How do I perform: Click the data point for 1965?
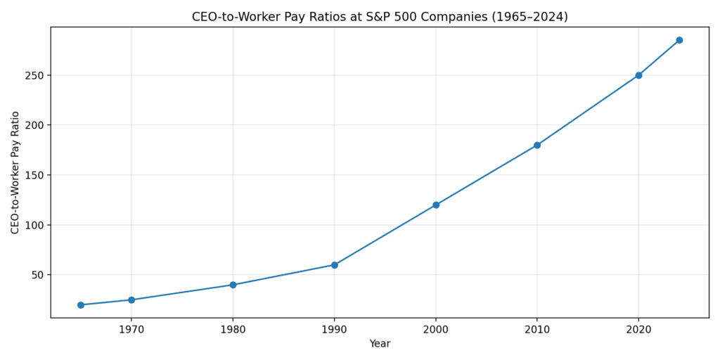coord(81,305)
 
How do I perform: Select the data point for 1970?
coord(131,300)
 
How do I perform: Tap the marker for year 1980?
coord(233,285)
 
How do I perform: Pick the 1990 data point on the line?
coord(335,265)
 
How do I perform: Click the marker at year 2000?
coord(436,205)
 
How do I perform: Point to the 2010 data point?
coord(537,146)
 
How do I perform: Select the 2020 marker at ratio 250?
coord(638,75)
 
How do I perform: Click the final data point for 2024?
coord(679,40)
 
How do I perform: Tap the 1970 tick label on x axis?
coord(131,328)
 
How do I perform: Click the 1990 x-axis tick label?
coord(335,328)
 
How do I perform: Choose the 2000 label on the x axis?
coord(436,328)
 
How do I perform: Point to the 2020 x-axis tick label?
coord(638,328)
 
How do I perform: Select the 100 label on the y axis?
coord(33,225)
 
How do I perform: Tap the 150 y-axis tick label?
coord(33,175)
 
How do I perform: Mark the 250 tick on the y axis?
coord(33,75)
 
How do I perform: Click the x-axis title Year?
coord(380,344)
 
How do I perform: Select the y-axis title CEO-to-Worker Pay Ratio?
coord(15,172)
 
